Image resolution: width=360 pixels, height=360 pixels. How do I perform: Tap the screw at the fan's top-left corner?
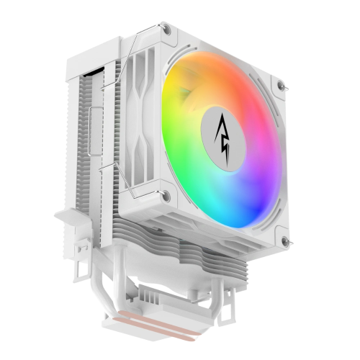coord(167,29)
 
